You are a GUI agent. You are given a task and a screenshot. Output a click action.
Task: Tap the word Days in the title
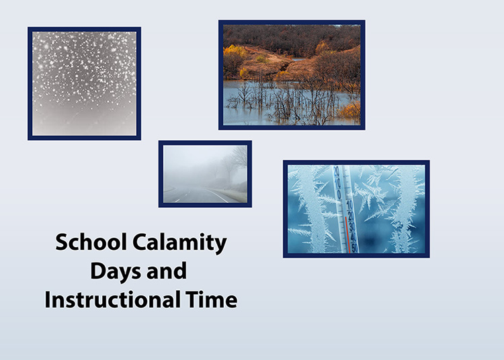click(113, 271)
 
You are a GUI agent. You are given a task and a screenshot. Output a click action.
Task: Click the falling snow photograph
click(84, 83)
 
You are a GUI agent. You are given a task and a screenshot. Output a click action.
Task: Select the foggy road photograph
click(205, 174)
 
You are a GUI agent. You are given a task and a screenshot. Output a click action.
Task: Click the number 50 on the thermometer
click(354, 247)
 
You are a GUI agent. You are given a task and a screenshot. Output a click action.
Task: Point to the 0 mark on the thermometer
click(338, 194)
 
